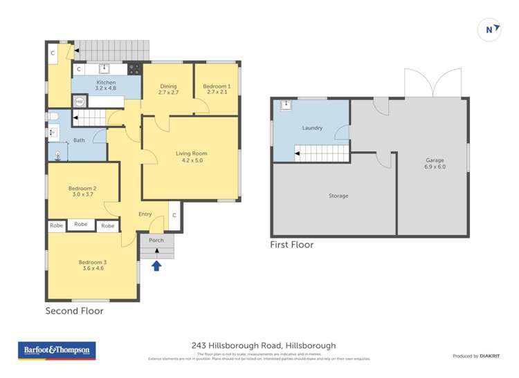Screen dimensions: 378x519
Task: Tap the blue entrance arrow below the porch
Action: (x=156, y=265)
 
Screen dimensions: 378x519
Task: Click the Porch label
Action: (x=156, y=240)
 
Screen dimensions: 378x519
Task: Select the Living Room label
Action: (x=192, y=153)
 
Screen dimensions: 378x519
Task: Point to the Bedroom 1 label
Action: (x=217, y=86)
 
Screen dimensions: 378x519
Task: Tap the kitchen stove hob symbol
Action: (x=134, y=69)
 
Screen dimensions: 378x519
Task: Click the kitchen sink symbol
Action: (x=104, y=68)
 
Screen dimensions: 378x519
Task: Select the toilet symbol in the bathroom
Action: (x=52, y=116)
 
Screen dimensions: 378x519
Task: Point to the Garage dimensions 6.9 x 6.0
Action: (x=435, y=167)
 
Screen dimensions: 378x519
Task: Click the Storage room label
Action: (x=338, y=196)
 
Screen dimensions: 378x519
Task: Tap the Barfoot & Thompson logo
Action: (x=57, y=350)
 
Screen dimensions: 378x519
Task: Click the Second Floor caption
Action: (x=75, y=311)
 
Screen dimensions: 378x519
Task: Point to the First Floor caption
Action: (x=291, y=245)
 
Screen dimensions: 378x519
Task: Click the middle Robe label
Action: (x=81, y=225)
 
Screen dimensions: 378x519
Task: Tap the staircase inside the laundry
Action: (x=320, y=153)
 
